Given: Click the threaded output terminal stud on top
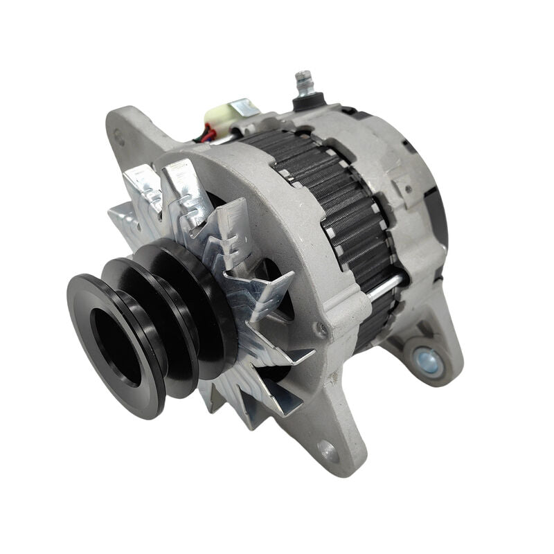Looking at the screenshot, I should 303,82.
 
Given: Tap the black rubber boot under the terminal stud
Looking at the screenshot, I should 305,102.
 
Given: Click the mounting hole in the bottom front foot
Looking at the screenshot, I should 327,451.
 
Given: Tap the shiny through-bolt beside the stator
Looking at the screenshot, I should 384,285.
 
